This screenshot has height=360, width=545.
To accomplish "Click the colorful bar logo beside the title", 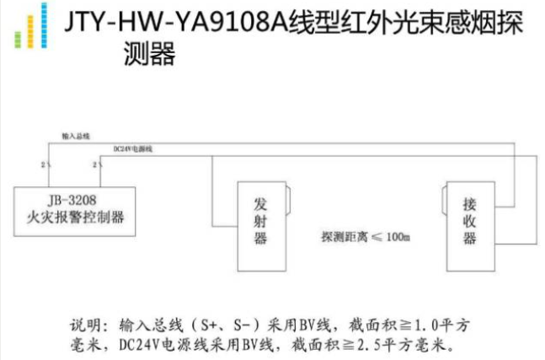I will tap(30, 29).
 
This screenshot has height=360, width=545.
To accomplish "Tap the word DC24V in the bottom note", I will tap(139, 345).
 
